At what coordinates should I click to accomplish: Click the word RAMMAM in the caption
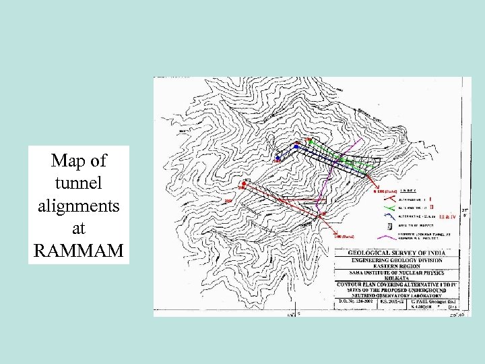[77, 251]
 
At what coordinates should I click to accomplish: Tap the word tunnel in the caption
[77, 183]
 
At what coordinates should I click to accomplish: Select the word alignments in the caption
[77, 206]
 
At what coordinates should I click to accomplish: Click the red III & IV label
[447, 216]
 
